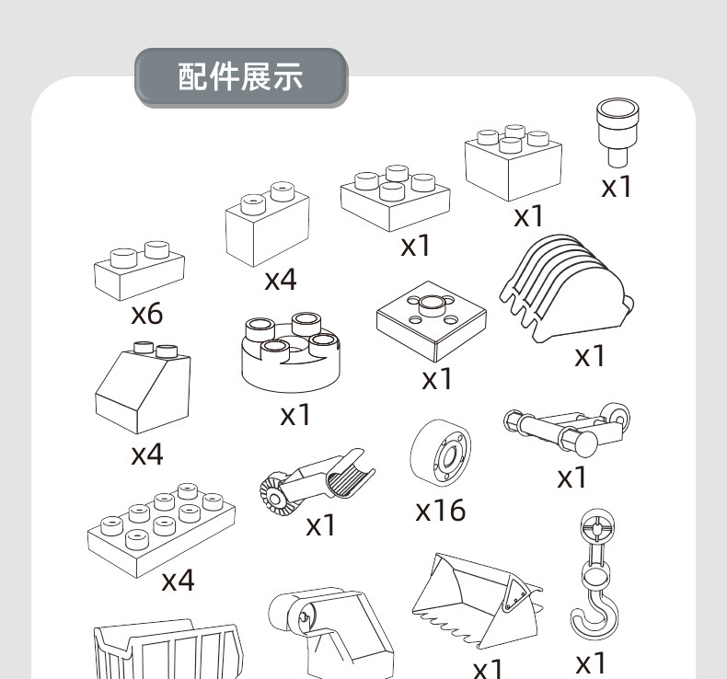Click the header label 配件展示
240,78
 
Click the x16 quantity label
440,509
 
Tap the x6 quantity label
146,314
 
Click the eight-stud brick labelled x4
161,524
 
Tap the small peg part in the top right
617,134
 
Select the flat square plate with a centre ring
430,320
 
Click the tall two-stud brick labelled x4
267,225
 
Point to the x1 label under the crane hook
591,662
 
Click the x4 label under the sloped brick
146,454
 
